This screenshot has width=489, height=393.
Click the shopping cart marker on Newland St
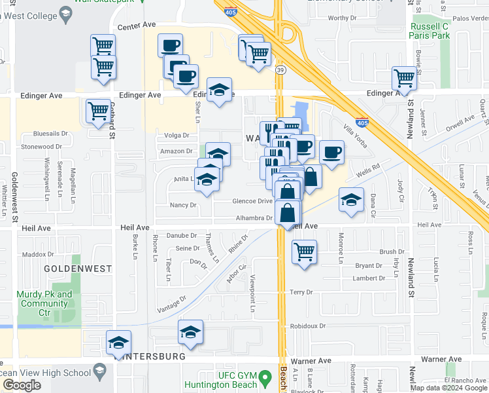click(404, 78)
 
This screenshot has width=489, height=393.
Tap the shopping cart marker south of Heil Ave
click(304, 252)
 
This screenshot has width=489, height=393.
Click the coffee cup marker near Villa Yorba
click(331, 151)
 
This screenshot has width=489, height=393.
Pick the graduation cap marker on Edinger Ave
click(220, 89)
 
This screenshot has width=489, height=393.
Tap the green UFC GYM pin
click(264, 378)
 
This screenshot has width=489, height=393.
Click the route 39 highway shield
click(279, 70)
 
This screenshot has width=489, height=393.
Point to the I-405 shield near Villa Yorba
click(362, 122)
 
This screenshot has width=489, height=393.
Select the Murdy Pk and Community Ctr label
click(46, 299)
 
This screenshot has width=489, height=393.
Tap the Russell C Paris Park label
click(430, 30)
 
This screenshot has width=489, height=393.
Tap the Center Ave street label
click(137, 26)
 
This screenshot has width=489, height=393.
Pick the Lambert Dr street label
click(368, 278)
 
